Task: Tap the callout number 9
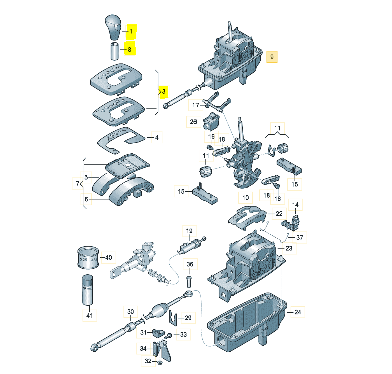272,57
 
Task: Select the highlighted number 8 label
130,50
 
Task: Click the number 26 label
194,121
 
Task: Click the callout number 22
279,213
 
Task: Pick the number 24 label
298,312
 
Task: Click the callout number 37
299,237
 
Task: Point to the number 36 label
190,265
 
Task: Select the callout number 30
130,311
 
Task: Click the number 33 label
183,334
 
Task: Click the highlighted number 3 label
163,92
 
